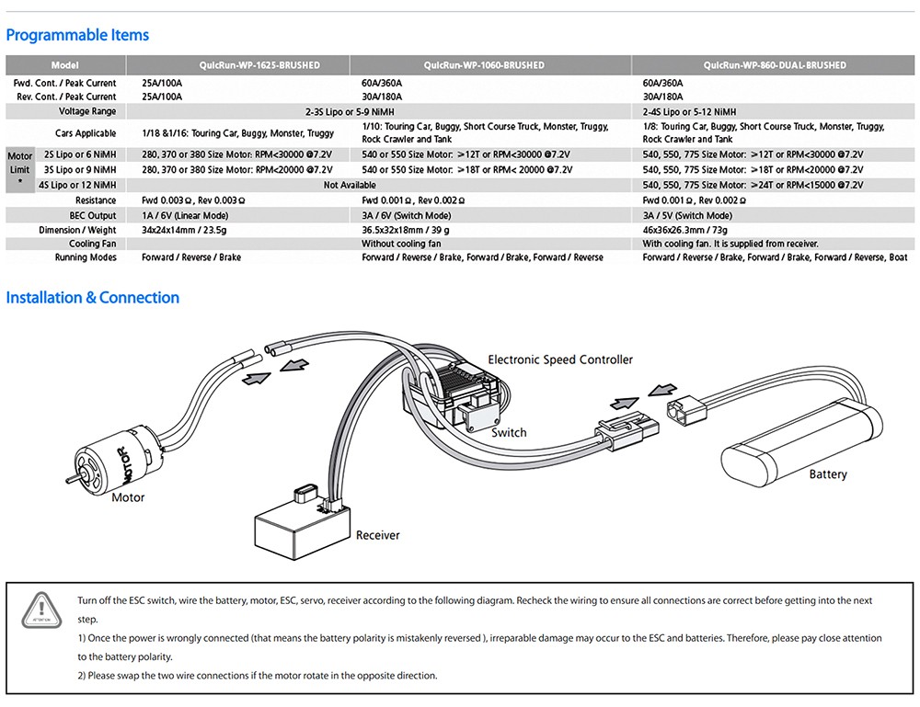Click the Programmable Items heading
pyautogui.click(x=77, y=35)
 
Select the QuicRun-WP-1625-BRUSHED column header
pyautogui.click(x=259, y=65)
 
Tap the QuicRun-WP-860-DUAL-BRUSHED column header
pyautogui.click(x=775, y=65)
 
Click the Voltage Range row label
pyautogui.click(x=87, y=111)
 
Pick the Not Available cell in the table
pyautogui.click(x=350, y=185)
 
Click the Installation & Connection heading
pyautogui.click(x=93, y=297)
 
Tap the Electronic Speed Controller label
pyautogui.click(x=560, y=359)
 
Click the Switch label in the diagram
pyautogui.click(x=509, y=432)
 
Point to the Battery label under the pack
pyautogui.click(x=828, y=474)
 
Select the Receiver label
pyautogui.click(x=378, y=534)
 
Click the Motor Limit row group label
pyautogui.click(x=19, y=169)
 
